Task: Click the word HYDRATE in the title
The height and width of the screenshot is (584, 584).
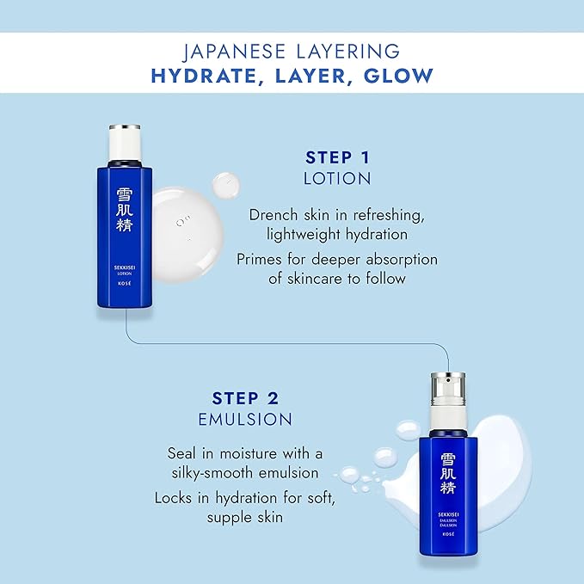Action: click(x=200, y=75)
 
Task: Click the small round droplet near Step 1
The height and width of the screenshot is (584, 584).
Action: click(x=227, y=183)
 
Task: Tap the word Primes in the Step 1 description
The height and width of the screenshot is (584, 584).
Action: click(x=274, y=259)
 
